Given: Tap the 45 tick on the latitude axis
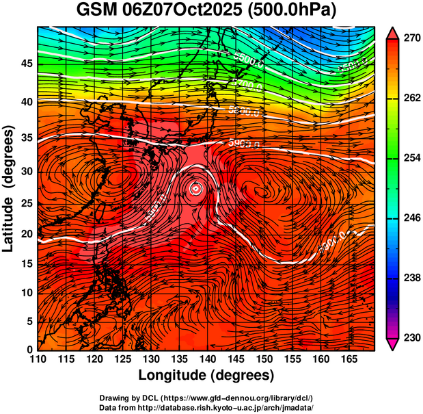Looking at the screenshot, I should [27, 63].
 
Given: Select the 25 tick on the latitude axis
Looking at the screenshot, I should [27, 203].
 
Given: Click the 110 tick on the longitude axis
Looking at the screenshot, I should [38, 359].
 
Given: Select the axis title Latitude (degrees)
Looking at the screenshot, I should [10, 188].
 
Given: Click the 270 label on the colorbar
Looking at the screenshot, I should [408, 39].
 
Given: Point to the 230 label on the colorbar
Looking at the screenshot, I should [408, 338].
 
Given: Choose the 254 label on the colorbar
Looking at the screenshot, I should [408, 159].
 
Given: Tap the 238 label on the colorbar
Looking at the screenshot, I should [408, 279].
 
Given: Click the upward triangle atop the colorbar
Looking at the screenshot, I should [392, 33].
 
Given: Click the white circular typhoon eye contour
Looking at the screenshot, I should [196, 188].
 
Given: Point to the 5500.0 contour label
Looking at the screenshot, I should [251, 61].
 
